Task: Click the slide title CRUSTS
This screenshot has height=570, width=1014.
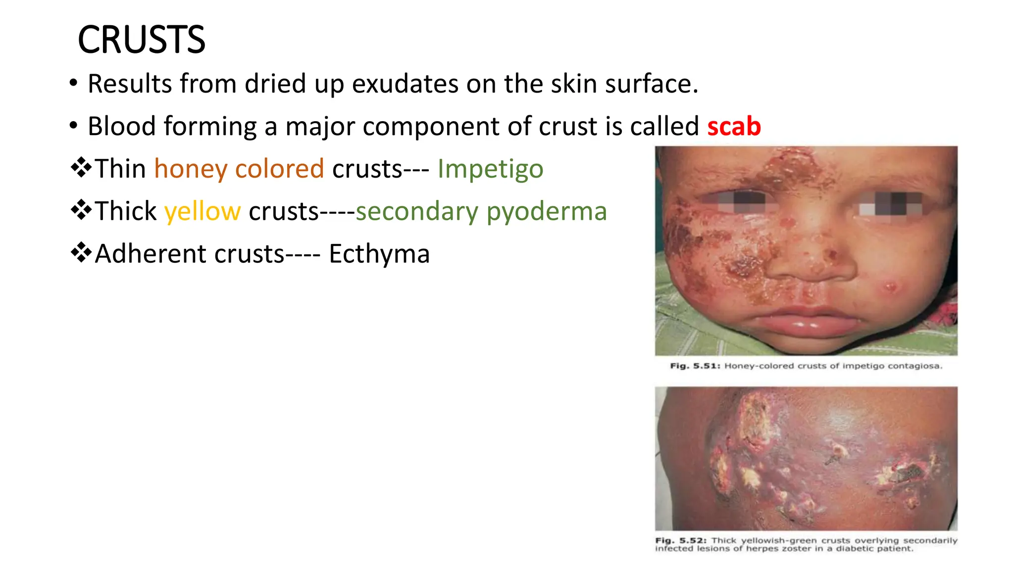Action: (x=142, y=40)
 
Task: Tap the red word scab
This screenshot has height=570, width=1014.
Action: (x=734, y=126)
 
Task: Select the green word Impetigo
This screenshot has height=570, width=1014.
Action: (x=490, y=169)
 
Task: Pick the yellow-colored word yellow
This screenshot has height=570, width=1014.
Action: (x=203, y=211)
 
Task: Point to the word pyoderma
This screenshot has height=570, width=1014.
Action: (x=547, y=211)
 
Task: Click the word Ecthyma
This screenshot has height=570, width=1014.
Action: (x=379, y=254)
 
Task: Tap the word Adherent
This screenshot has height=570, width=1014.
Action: (x=151, y=254)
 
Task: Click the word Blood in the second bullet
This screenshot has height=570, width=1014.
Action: (x=122, y=126)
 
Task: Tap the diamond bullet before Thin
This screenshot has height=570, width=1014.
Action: (x=81, y=168)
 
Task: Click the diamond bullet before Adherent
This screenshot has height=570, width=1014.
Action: (x=81, y=253)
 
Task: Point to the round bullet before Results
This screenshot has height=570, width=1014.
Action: (x=74, y=83)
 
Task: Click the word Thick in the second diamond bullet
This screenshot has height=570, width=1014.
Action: (x=125, y=211)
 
